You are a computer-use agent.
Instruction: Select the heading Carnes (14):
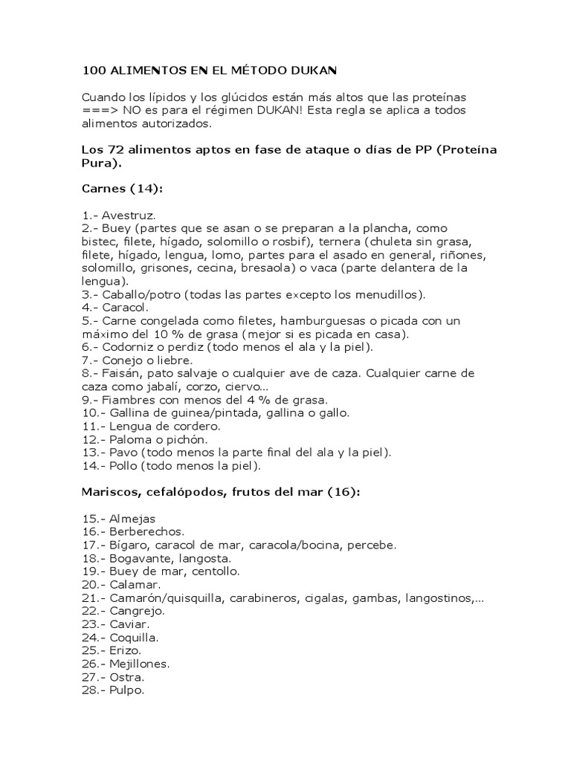pyautogui.click(x=121, y=189)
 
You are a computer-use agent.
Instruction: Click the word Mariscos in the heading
pyautogui.click(x=109, y=491)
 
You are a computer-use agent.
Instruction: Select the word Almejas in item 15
pyautogui.click(x=132, y=519)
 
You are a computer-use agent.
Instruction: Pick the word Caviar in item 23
pyautogui.click(x=128, y=624)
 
